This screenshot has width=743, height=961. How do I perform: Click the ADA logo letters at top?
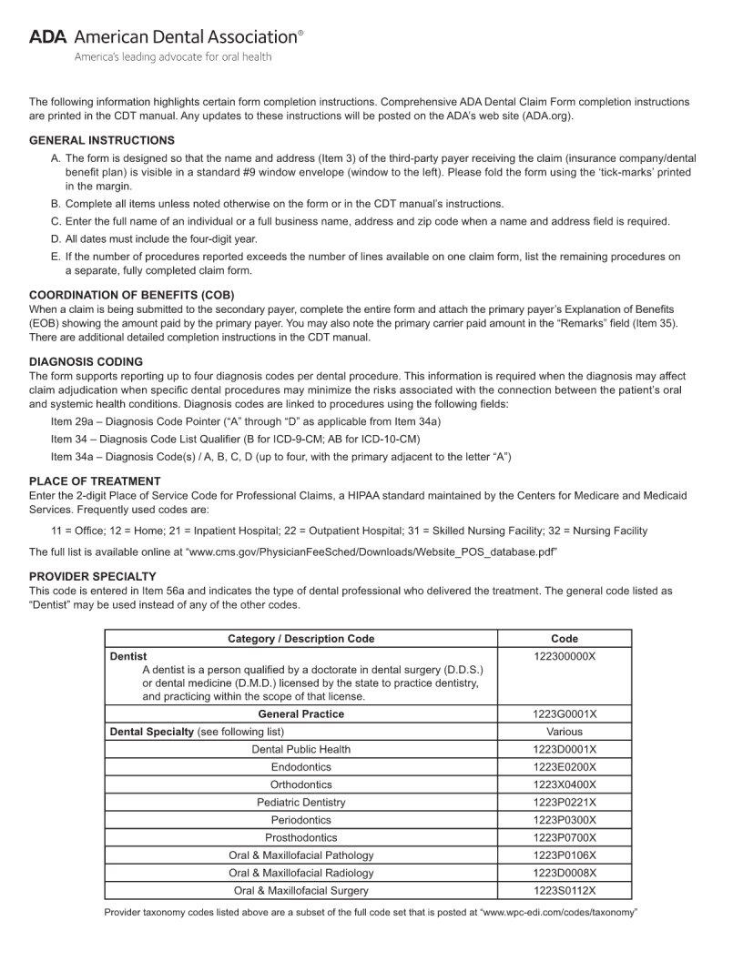click(x=47, y=37)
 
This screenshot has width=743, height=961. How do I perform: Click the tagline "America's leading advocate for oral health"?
click(x=172, y=57)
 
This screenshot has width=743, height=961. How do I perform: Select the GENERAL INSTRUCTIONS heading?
click(x=102, y=140)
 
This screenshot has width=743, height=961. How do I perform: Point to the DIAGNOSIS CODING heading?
click(x=86, y=361)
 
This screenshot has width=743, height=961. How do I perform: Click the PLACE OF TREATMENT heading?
click(x=95, y=480)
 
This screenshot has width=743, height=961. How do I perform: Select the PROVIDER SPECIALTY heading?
click(x=93, y=576)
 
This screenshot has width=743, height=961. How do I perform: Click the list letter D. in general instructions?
click(x=56, y=238)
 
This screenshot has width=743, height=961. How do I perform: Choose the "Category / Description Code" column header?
click(x=300, y=639)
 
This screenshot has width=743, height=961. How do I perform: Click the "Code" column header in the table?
click(x=565, y=639)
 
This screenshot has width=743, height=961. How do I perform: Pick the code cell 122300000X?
click(x=565, y=656)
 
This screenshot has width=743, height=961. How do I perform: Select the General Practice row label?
click(x=300, y=714)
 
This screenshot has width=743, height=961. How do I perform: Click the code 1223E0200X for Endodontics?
click(x=565, y=767)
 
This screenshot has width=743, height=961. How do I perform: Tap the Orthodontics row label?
click(x=300, y=784)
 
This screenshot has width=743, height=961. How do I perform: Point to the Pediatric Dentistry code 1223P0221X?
click(x=565, y=803)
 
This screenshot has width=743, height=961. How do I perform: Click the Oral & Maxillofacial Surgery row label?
click(x=300, y=891)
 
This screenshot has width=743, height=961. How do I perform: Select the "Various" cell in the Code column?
click(x=565, y=732)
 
